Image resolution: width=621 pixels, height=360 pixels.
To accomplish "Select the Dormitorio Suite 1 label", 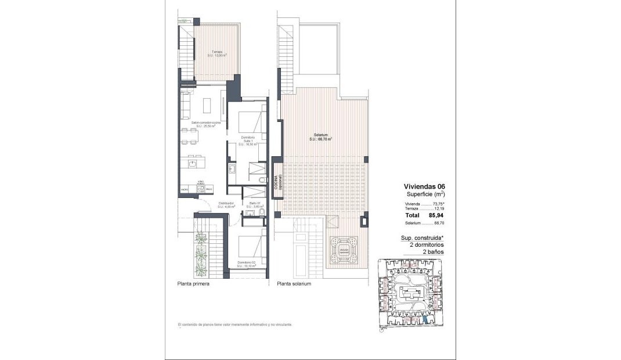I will click(x=248, y=141).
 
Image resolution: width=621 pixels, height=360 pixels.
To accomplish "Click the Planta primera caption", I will click(x=193, y=285).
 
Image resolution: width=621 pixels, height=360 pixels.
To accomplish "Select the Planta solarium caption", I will click(x=295, y=285).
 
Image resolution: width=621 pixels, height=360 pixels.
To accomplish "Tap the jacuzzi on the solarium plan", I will click(x=344, y=250).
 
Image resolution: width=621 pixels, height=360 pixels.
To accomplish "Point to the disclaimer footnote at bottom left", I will click(x=235, y=325).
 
